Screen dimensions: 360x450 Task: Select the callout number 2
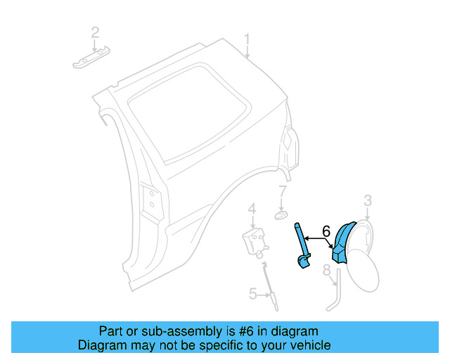click(x=95, y=32)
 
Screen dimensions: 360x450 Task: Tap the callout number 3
click(x=368, y=202)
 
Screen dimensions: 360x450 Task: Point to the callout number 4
click(x=251, y=208)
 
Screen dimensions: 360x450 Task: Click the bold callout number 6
click(x=326, y=231)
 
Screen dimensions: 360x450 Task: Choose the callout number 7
click(x=282, y=191)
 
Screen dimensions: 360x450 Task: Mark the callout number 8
click(x=327, y=271)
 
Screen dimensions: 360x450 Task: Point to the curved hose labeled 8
click(x=333, y=295)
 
